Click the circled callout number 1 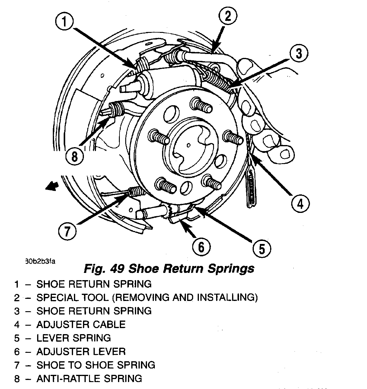[65, 22]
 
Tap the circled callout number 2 [228, 16]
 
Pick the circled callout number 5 [261, 248]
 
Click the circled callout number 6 [201, 247]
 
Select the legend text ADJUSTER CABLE [81, 324]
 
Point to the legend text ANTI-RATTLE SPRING [89, 378]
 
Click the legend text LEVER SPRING [74, 338]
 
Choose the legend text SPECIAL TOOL [72, 298]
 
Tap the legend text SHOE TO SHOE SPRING [96, 365]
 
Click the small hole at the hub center [189, 145]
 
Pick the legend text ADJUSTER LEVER [81, 352]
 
